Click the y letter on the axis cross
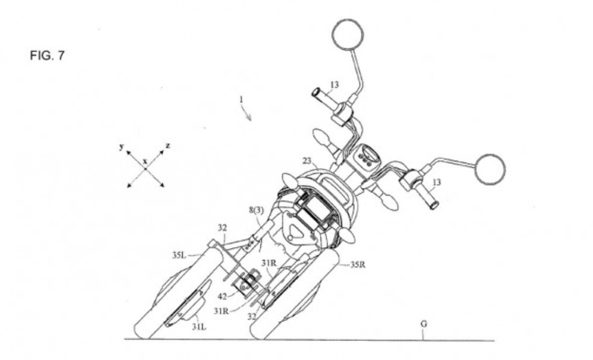pos(121,146)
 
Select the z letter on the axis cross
pos(168,146)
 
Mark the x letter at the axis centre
pos(145,161)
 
